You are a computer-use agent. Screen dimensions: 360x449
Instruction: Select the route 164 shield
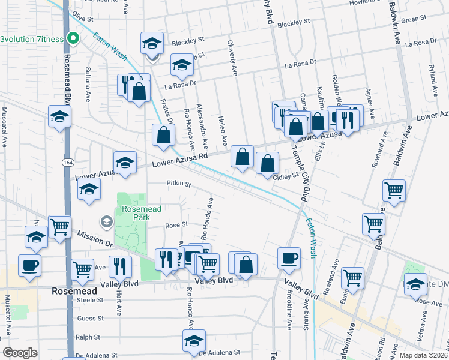[67, 163]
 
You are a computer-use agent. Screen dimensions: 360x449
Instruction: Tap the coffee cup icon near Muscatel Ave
[29, 265]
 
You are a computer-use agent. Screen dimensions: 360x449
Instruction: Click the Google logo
[20, 353]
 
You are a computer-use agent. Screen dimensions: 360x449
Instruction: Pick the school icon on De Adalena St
[194, 341]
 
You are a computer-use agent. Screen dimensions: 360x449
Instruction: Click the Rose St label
[176, 225]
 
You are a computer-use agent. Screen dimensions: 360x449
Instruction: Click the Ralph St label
[88, 337]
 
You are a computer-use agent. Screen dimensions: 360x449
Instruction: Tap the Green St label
[414, 20]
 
